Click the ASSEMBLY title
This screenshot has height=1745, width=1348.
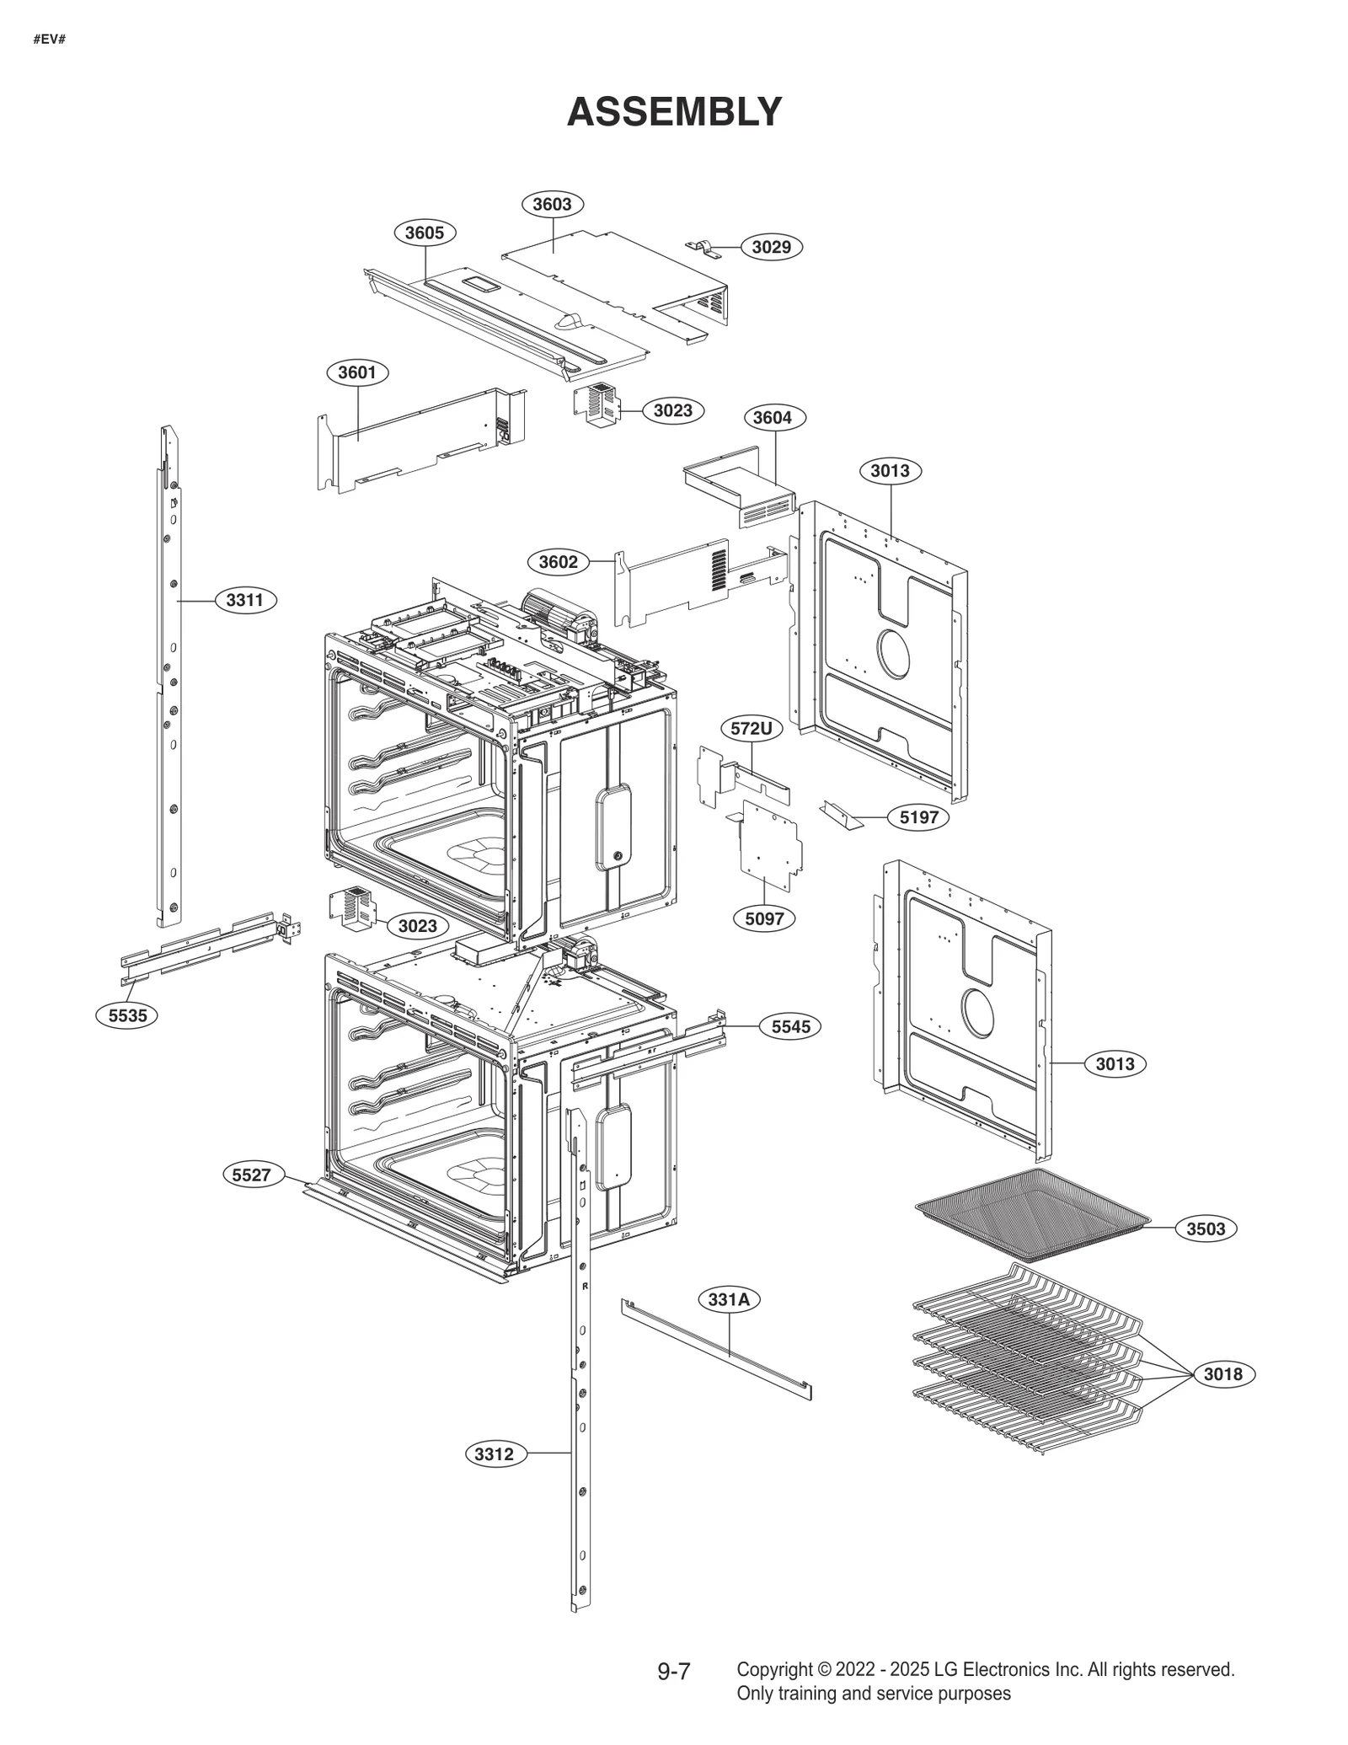coord(674,111)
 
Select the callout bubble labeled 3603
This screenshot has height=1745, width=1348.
coord(552,204)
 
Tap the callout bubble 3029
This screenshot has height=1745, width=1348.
coord(771,247)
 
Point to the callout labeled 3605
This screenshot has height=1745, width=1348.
coord(425,233)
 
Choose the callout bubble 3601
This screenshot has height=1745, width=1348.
coord(357,372)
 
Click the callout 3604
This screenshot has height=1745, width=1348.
coord(773,417)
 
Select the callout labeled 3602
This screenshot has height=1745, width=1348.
coord(558,562)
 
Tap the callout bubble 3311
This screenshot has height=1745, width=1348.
coord(245,600)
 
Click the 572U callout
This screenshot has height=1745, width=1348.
coord(751,728)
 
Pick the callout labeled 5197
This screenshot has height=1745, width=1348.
coord(918,816)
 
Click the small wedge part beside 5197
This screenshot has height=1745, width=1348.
coord(841,814)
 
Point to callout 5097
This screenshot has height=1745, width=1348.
coord(764,918)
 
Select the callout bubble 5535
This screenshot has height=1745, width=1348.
coord(127,1015)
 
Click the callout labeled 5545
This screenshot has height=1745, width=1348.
coord(790,1026)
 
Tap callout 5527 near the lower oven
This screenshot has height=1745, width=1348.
coord(252,1175)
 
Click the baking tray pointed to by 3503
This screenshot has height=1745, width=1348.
coord(1032,1214)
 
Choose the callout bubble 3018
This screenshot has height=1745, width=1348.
coord(1222,1374)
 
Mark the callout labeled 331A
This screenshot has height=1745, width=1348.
coord(729,1299)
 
